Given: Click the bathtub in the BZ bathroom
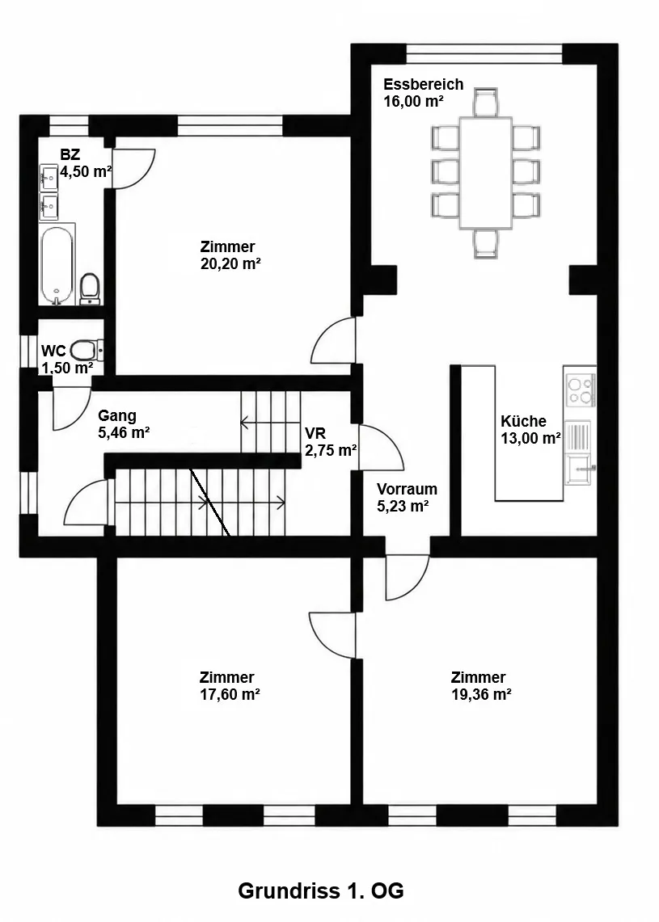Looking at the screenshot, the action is click(x=57, y=263).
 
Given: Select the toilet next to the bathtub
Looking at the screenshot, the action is click(x=90, y=288).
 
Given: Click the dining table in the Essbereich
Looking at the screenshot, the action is click(x=486, y=172).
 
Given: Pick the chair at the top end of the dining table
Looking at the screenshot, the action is click(x=486, y=103).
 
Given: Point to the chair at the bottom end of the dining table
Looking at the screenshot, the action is click(x=486, y=243).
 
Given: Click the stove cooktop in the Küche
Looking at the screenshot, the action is click(x=580, y=389).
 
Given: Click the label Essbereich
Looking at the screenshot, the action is click(x=424, y=84).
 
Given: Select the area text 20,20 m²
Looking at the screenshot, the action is click(x=230, y=263).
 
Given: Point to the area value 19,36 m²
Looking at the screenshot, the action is click(x=481, y=694).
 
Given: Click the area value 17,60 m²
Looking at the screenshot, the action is click(x=230, y=694).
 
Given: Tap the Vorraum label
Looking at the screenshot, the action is click(x=408, y=489).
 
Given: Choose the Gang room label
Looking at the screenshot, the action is click(x=117, y=416).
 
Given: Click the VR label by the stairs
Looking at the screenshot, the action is click(x=315, y=434).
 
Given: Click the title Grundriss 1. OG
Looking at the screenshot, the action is click(x=321, y=890).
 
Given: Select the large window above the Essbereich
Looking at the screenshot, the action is click(x=484, y=53).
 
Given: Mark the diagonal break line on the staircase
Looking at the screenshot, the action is click(x=210, y=503).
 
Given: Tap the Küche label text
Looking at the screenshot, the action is click(x=524, y=421).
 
